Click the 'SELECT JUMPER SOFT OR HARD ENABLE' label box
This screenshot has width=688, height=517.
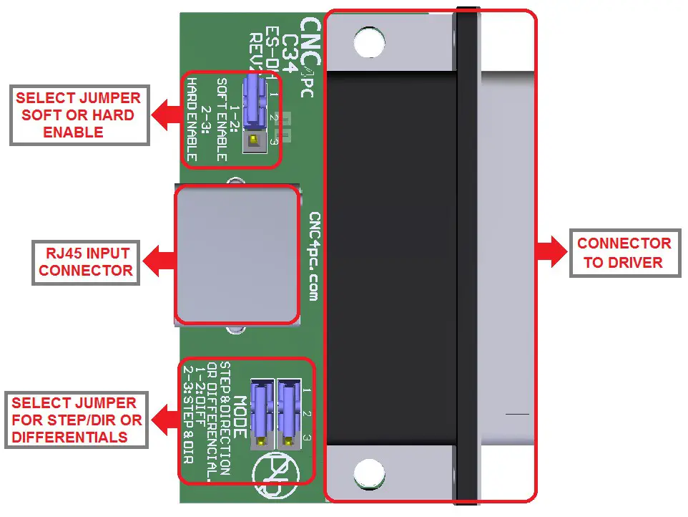[79, 115]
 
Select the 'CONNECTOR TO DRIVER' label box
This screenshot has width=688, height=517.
[623, 253]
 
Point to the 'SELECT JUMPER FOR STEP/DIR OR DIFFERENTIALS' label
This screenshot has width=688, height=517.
[77, 420]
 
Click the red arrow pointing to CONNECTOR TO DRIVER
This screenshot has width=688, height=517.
[551, 253]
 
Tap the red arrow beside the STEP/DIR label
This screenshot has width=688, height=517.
[164, 420]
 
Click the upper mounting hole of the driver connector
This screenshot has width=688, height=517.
[369, 44]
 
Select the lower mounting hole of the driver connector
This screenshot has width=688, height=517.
[369, 472]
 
